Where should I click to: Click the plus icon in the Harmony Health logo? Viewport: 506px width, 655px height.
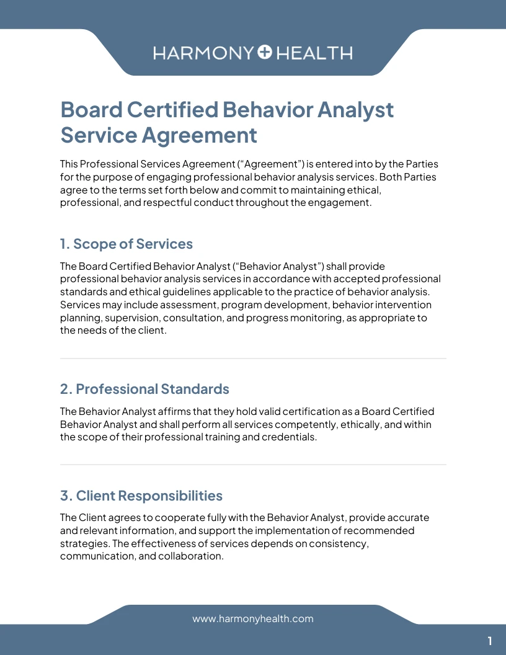(x=265, y=53)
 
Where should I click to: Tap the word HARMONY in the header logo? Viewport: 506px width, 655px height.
(x=203, y=53)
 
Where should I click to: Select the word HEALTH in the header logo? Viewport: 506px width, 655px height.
(x=314, y=53)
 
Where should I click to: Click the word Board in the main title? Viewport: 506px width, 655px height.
(x=90, y=110)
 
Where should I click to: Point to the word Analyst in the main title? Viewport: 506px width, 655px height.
(x=355, y=110)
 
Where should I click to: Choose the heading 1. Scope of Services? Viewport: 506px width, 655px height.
(x=126, y=244)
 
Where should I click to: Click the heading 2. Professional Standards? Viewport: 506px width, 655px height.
(x=144, y=389)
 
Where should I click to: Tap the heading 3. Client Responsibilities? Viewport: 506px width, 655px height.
(x=141, y=496)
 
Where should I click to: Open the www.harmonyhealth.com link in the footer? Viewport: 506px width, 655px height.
(x=253, y=618)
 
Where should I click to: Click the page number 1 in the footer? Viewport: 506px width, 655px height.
(x=490, y=641)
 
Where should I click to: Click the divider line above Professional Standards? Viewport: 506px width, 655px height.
(x=253, y=359)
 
